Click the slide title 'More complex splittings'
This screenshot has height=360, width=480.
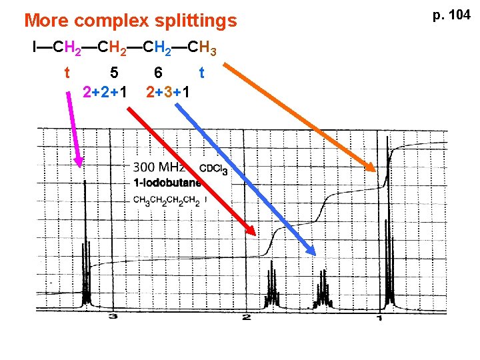click(x=130, y=21)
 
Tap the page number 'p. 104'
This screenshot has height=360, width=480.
click(x=452, y=14)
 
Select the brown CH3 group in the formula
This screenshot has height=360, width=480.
click(x=201, y=48)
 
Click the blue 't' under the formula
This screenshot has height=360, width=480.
click(x=201, y=71)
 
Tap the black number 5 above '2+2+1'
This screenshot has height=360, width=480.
click(x=115, y=71)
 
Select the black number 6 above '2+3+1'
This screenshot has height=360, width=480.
click(x=158, y=71)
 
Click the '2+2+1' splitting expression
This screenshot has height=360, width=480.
click(x=105, y=91)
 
